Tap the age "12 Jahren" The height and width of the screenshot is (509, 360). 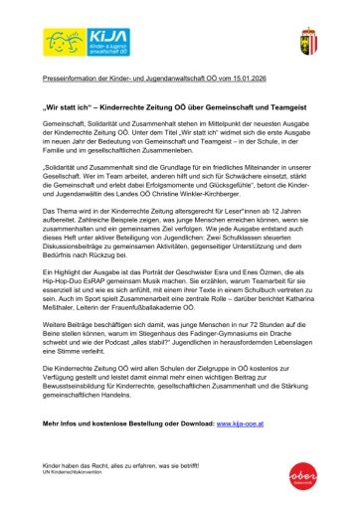coord(292,211)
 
